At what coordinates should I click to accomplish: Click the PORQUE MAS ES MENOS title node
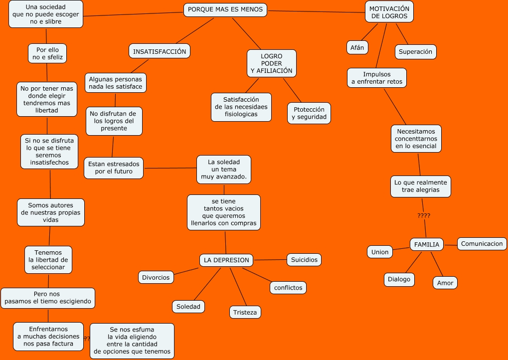tap(225, 10)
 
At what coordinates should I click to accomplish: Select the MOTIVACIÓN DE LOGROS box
tap(389, 12)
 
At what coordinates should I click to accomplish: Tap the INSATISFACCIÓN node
tap(160, 51)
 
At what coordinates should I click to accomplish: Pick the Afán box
tap(357, 47)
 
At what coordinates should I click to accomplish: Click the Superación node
tap(415, 52)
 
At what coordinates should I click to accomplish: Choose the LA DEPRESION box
tap(226, 260)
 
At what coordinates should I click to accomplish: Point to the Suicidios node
tap(304, 260)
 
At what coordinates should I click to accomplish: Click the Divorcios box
tap(156, 277)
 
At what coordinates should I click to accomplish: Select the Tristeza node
tap(245, 312)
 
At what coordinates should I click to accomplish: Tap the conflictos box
tap(288, 288)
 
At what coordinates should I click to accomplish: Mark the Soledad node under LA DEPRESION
tap(188, 307)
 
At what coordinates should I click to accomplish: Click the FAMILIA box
tap(427, 244)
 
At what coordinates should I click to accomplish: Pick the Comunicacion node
tap(482, 244)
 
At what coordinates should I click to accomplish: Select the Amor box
tap(445, 283)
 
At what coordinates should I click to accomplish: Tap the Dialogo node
tap(399, 279)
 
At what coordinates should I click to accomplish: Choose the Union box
tap(380, 252)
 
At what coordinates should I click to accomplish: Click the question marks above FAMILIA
tap(424, 216)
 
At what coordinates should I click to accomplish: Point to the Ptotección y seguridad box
tap(309, 113)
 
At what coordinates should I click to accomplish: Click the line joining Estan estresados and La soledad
tap(169, 168)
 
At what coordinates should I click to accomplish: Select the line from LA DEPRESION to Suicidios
tap(270, 260)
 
